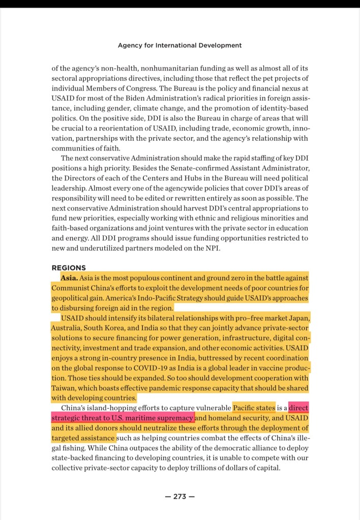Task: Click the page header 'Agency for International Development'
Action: point(179,45)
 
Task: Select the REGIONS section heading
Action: point(69,268)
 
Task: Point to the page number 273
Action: point(179,497)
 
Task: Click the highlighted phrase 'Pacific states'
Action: point(254,408)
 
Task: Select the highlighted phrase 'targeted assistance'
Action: point(83,438)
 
